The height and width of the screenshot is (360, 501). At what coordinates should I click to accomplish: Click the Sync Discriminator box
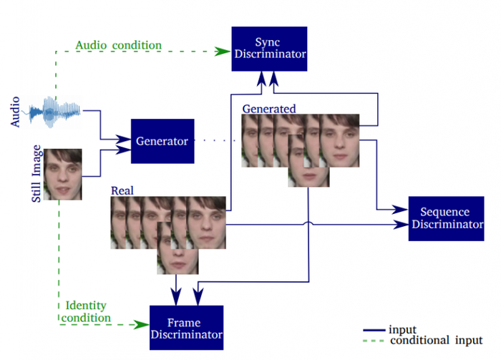point(269,48)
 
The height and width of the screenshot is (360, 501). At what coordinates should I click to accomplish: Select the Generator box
point(162,140)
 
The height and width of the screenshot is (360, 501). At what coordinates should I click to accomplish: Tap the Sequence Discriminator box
point(444,218)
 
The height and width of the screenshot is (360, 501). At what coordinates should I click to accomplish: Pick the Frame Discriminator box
point(186,327)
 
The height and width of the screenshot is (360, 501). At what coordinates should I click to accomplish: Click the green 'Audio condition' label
point(118,46)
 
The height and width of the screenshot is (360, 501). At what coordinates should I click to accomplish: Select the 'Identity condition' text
point(87,312)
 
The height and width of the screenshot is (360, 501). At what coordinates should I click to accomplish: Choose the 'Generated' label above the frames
point(269,109)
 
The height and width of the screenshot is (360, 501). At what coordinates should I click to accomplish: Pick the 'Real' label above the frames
point(122,191)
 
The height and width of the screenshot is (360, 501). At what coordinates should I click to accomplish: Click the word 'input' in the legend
point(402,329)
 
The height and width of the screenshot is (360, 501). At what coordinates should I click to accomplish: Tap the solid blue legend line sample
point(375,330)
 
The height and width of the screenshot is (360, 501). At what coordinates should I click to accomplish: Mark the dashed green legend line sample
point(375,341)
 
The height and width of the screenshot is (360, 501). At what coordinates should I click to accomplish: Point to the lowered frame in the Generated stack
point(308,163)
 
